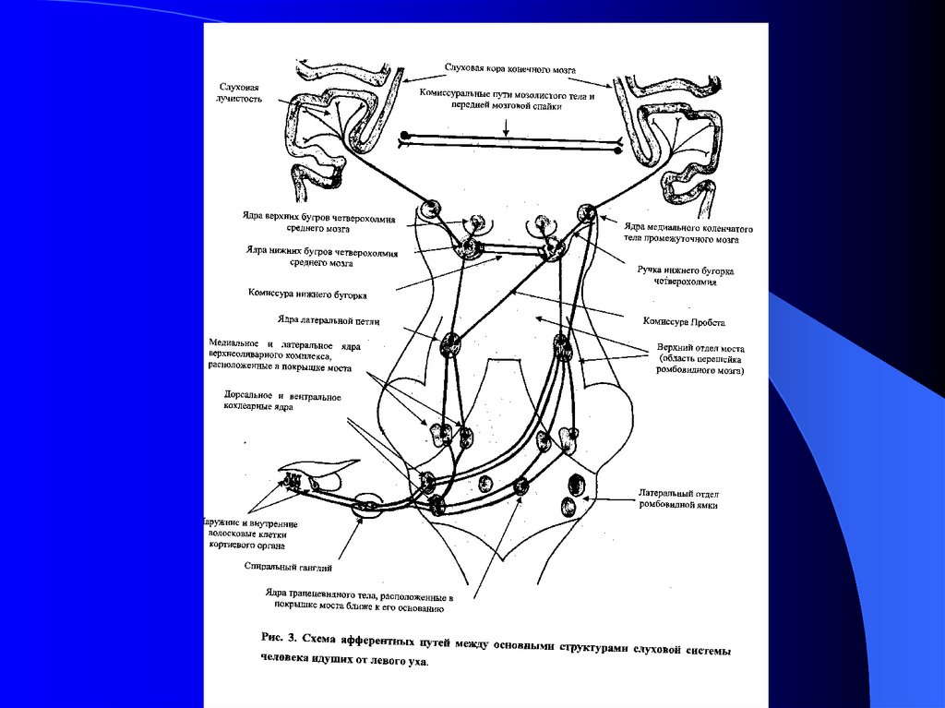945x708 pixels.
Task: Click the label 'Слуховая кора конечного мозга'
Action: pos(510,69)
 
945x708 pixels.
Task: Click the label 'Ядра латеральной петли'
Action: pos(317,320)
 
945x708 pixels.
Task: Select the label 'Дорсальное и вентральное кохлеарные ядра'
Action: pos(282,402)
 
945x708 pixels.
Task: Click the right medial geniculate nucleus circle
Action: pos(587,214)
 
